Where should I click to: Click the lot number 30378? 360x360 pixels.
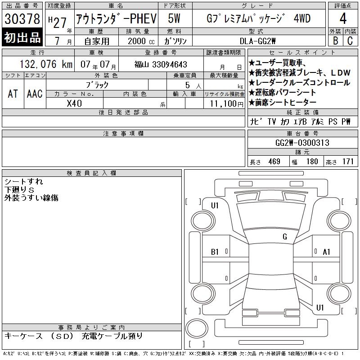point(22,18)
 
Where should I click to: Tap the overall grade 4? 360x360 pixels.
point(343,18)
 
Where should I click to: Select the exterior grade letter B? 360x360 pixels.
point(335,40)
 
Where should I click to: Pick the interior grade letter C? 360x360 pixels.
point(350,40)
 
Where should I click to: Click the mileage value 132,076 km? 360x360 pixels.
point(46,64)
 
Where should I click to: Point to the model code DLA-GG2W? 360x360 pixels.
point(257,41)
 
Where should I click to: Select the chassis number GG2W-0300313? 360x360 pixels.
point(302,143)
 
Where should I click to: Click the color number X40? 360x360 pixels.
point(74,103)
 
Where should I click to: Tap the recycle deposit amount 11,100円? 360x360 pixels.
point(226,104)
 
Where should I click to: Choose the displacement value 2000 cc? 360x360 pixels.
point(141,41)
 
